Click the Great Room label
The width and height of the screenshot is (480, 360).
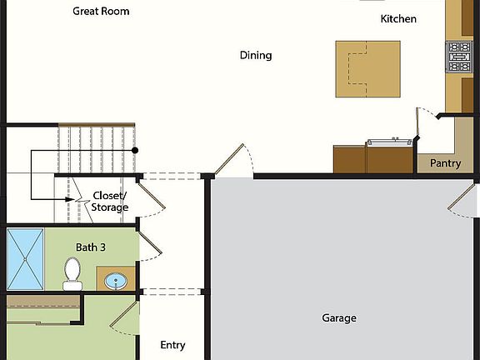(x=101, y=12)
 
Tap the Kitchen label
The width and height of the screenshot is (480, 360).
(x=398, y=18)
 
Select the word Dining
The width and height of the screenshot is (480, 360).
(x=256, y=56)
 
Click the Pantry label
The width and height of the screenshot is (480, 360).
(x=445, y=163)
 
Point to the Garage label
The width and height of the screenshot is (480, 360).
(x=339, y=317)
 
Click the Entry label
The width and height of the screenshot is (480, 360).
(x=172, y=345)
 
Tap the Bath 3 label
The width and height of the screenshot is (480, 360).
(x=91, y=247)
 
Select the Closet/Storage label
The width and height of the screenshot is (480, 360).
(x=110, y=202)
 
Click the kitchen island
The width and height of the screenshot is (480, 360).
(x=367, y=67)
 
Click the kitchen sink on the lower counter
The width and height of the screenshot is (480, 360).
(x=389, y=142)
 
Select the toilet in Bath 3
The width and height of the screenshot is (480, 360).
(x=72, y=272)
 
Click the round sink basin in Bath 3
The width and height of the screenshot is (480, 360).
(x=114, y=280)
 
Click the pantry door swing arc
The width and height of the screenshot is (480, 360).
(x=426, y=117)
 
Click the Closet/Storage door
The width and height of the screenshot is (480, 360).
(x=147, y=197)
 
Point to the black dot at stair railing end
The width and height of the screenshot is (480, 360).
(x=135, y=150)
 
